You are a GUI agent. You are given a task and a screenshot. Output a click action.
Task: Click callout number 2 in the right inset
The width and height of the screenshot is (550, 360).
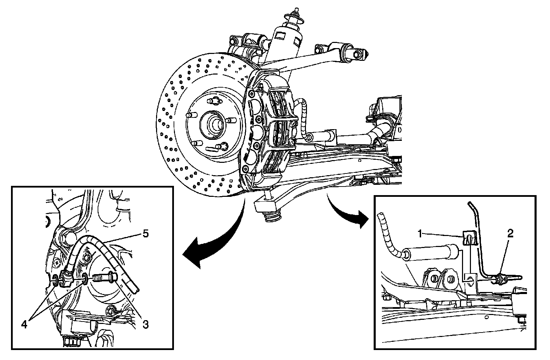(x=510, y=234)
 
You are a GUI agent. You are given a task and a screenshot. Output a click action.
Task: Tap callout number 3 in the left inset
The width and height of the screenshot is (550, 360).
(x=145, y=324)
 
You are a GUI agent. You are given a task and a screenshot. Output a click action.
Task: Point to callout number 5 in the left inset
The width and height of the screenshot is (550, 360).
(x=145, y=234)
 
